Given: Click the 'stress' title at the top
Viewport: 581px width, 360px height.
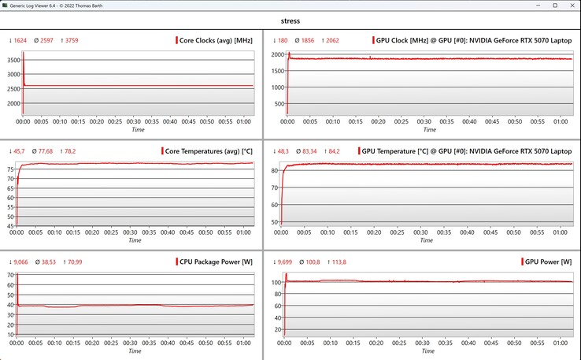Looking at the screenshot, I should pos(290,22).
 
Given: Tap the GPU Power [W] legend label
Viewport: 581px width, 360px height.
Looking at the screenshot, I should pos(548,262).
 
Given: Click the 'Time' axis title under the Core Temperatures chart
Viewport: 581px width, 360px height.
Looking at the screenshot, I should pos(137,239).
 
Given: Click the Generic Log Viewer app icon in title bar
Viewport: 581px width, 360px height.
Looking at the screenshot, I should pos(6,5).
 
